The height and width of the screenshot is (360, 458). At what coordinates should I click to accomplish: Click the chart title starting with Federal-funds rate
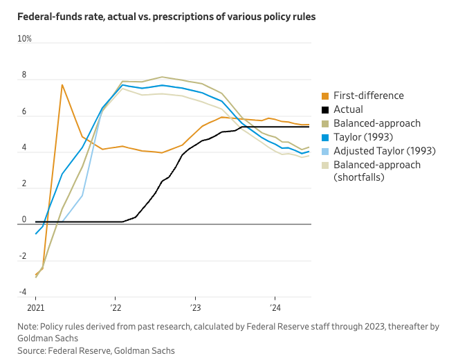[167, 17]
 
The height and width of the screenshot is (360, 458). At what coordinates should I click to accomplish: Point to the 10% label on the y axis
[24, 39]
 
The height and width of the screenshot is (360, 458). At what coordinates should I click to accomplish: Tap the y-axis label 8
[24, 75]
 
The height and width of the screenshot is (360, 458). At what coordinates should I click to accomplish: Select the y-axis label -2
[23, 256]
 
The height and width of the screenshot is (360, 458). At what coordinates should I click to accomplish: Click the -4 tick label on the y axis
[23, 292]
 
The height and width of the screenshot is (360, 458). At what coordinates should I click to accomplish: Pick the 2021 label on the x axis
[36, 308]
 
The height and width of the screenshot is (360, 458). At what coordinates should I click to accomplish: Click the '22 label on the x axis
[116, 308]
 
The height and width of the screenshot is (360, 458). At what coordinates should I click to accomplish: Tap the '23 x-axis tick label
[195, 308]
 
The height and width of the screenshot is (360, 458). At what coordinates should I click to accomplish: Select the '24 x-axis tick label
[275, 308]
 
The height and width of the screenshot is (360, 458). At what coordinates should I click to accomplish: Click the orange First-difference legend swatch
[325, 96]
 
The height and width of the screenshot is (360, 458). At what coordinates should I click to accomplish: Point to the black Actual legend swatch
[325, 110]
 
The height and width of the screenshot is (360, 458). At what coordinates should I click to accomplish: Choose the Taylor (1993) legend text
[363, 137]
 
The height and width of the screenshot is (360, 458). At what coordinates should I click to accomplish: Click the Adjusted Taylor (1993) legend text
[385, 151]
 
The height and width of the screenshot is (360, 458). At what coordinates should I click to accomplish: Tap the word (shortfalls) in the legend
[358, 177]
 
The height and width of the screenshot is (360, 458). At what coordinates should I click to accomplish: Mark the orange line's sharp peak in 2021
[62, 85]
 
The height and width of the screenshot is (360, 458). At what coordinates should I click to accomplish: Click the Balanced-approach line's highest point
[162, 77]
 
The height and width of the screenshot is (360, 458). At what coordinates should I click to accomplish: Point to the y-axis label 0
[24, 219]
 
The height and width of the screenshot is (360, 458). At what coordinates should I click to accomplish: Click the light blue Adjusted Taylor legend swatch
[325, 152]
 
